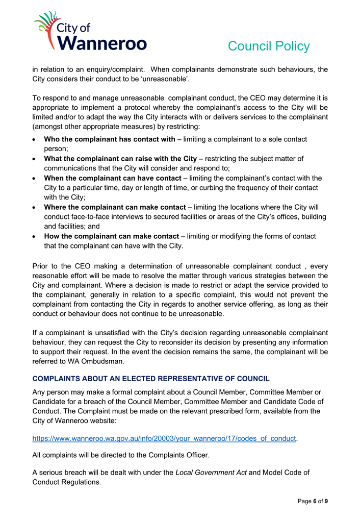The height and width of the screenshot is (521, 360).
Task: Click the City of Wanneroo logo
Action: pos(90,32)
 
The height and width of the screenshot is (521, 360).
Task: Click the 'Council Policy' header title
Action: pos(268,46)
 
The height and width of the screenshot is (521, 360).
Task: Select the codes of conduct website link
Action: pos(164,438)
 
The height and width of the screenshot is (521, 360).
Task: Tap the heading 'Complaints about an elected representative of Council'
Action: pos(151,379)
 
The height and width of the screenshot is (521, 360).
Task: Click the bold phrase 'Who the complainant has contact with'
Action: pos(110,139)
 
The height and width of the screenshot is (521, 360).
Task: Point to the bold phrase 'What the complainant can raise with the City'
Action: pos(120,159)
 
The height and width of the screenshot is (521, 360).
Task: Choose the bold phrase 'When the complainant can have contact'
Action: pos(113,178)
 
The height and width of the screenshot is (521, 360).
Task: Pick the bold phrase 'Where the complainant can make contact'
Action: pos(115,207)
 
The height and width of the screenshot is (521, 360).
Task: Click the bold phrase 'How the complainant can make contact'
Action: pos(112,236)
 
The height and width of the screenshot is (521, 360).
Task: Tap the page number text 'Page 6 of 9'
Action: pos(313,502)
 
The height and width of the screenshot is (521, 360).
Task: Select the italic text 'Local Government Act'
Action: pos(211,473)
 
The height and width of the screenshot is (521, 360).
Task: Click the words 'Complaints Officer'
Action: pos(179,454)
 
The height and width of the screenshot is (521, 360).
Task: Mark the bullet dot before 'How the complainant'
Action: pos(34,237)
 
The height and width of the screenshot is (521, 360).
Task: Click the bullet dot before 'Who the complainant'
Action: pos(34,139)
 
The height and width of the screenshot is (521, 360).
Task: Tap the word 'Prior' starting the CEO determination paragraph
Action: pos(41,265)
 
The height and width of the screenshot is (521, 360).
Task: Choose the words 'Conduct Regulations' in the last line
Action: pos(66,482)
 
